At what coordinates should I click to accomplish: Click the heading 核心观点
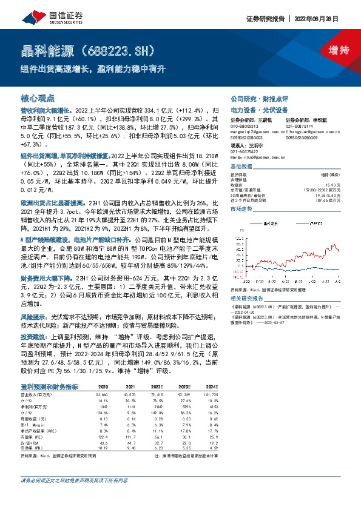tap(38, 98)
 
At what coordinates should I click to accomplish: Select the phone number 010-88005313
tap(245, 125)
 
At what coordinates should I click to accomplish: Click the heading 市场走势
tap(241, 208)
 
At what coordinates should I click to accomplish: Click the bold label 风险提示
tap(33, 317)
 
